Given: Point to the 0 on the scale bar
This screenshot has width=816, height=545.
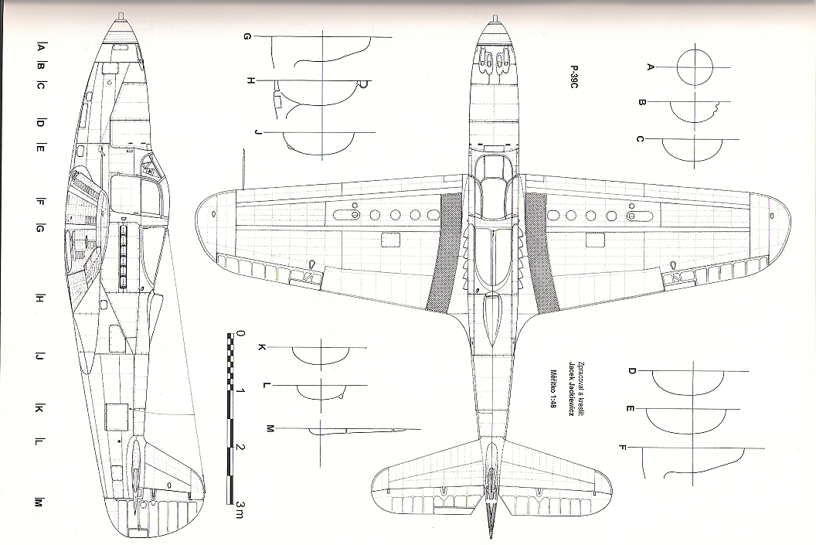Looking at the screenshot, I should coord(242,335).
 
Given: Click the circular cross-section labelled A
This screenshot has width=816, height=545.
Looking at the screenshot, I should coord(694,67).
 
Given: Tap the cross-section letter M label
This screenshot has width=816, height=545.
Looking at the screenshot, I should coord(270,428).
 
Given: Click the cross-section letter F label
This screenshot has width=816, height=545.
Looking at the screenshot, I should coord(623,447).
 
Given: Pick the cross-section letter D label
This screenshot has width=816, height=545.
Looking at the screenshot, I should coord(631,372).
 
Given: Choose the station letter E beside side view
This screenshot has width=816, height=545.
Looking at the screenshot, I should coord(39,148).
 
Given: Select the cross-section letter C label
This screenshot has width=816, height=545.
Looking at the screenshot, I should coord(640,139).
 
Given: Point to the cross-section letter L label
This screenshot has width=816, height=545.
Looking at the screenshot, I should coord(266,384).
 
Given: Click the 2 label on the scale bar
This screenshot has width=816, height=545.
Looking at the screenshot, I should coord(242,448).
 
